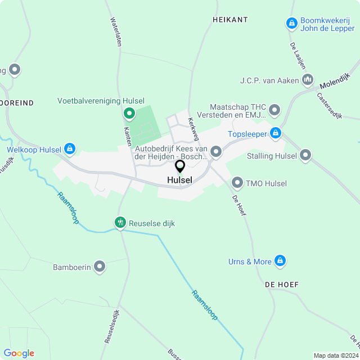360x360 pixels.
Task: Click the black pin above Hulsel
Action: (x=180, y=166)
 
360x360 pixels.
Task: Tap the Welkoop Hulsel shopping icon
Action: (x=69, y=149)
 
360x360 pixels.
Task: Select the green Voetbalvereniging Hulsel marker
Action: (x=128, y=114)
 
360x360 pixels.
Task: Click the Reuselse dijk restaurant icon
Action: (x=120, y=223)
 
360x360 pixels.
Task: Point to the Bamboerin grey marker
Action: (x=100, y=266)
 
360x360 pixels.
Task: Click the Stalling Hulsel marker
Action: (x=305, y=155)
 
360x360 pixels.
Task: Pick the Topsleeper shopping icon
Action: (x=275, y=133)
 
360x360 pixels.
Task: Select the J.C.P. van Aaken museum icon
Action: (x=307, y=80)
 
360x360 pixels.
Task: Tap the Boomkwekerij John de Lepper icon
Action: (x=291, y=23)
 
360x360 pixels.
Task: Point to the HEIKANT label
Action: (x=230, y=20)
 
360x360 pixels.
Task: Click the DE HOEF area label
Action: (x=282, y=285)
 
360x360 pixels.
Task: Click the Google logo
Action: (x=19, y=353)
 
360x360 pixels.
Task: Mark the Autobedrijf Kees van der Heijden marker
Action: (x=215, y=149)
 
